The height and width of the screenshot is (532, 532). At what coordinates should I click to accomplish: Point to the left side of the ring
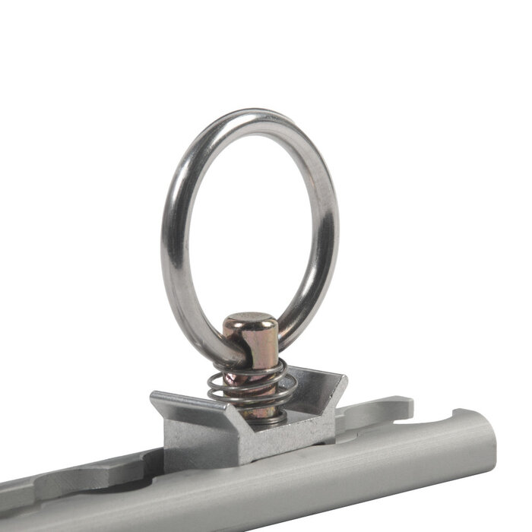[x=171, y=243]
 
